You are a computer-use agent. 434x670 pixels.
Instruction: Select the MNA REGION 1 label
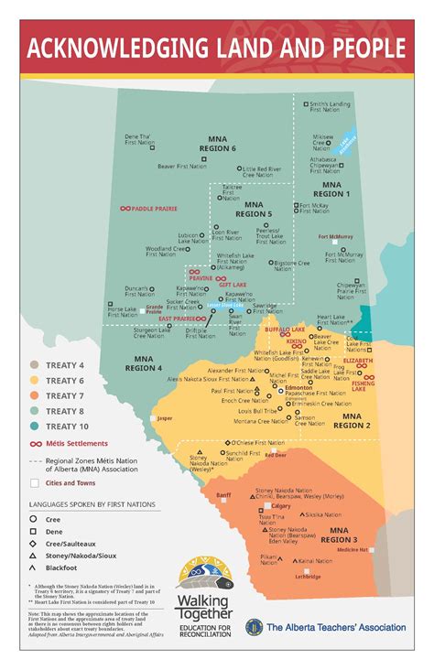331,189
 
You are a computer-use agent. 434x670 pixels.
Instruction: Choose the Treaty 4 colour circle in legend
34,364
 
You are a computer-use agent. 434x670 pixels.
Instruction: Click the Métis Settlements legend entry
78,442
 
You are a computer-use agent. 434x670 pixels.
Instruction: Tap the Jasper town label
165,418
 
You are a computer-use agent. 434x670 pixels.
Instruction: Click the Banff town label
223,494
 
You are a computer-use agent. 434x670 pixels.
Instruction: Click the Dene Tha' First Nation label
139,140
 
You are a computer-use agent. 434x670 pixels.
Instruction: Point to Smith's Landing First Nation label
330,107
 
